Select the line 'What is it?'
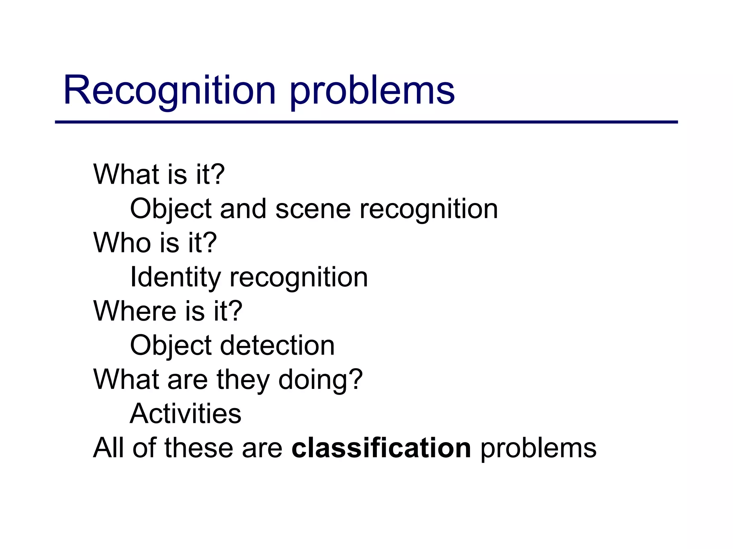click(159, 174)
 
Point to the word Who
click(122, 243)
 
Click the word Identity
click(175, 277)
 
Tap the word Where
click(135, 311)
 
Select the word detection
click(277, 345)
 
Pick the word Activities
click(185, 414)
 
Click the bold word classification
click(381, 448)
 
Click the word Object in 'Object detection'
click(171, 345)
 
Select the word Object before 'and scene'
click(171, 209)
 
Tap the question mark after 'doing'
click(355, 380)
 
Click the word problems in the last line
click(538, 448)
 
